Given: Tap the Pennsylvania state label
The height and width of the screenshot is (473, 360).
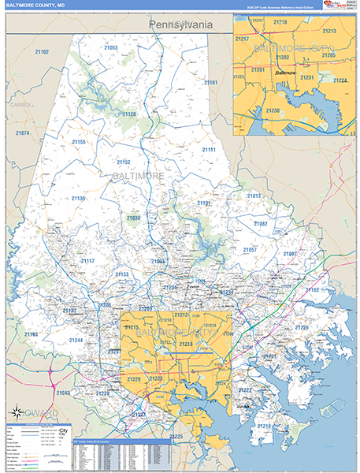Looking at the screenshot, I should coord(180,24).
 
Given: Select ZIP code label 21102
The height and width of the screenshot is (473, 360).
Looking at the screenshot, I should coord(42,52).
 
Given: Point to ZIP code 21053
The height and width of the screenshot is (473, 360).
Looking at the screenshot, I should coord(110,48).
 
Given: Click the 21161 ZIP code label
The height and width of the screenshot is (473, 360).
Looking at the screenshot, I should coord(210,83).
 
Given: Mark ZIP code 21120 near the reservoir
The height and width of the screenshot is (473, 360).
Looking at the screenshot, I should coord(129,114).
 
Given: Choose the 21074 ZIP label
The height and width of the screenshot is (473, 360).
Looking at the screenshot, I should coord(22,133).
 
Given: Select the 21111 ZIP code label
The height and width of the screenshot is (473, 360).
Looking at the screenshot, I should coord(208,150).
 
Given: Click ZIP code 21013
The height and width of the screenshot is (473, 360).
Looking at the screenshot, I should coord(254,196).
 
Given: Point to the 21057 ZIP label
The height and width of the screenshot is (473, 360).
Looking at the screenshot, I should coord(250,250).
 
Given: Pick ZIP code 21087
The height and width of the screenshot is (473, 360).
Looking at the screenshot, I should coord(290,254).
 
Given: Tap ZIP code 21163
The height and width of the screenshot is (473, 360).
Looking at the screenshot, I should coord(31,334).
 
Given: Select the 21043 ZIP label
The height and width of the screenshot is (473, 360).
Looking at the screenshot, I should coord(63,393).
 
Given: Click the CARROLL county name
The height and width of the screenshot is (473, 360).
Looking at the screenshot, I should coord(23,105).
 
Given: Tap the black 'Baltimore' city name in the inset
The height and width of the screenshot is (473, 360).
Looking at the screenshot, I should coord(286,73).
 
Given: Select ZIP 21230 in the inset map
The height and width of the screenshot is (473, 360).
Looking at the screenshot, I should coord(273,110).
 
